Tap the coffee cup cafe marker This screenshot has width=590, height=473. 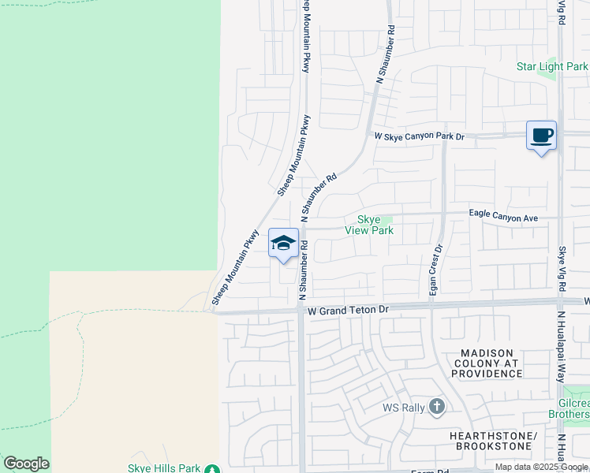[x=541, y=136]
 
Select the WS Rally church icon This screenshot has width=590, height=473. [x=437, y=407]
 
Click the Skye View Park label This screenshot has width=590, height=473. [x=368, y=225]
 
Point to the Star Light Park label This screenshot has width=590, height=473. [x=551, y=67]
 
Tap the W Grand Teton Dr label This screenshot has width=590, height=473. [x=349, y=311]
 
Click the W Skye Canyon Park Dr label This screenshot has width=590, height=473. [x=420, y=136]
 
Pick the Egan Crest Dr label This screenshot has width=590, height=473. [x=434, y=269]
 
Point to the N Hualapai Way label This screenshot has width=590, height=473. [x=562, y=347]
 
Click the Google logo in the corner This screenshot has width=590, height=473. [x=26, y=464]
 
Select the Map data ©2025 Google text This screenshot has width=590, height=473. [x=542, y=467]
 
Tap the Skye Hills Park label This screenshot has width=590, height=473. [x=164, y=468]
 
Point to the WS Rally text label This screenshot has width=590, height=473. [x=403, y=408]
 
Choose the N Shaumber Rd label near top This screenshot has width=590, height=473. [x=384, y=54]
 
